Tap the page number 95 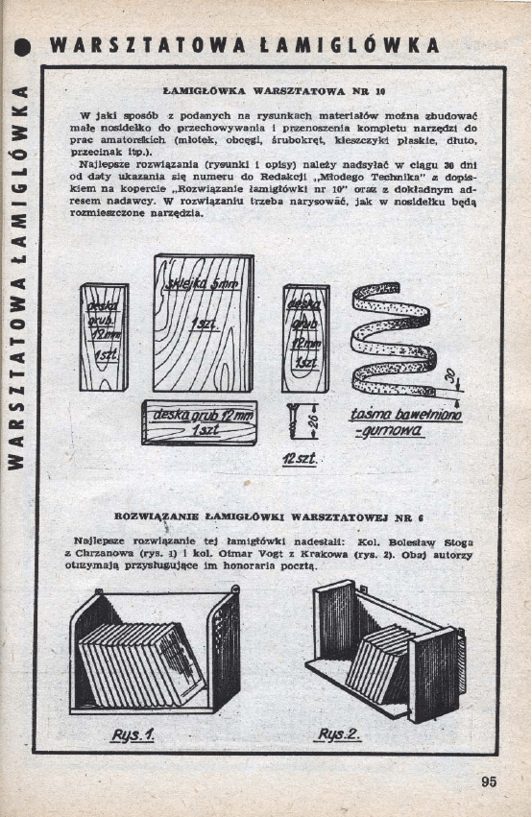click(x=490, y=781)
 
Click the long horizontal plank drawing click(x=200, y=422)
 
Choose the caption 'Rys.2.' click(x=339, y=735)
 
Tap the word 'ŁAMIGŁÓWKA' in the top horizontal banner click(x=348, y=46)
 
